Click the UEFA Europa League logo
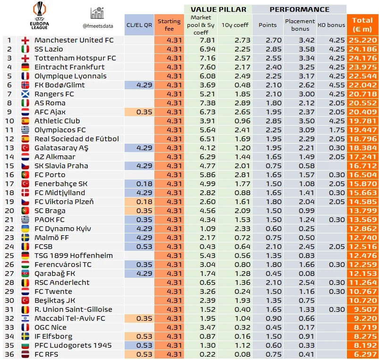point(40,16)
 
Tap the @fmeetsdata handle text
point(98,26)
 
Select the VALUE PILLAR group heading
point(219,9)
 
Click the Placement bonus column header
point(300,25)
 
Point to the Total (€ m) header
point(362,25)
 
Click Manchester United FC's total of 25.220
point(363,40)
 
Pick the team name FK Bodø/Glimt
point(59,85)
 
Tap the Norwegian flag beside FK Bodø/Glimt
point(25,85)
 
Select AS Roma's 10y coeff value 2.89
point(242,103)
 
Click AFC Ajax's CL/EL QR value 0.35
point(144,112)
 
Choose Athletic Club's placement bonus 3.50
point(307,121)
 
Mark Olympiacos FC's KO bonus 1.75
point(337,130)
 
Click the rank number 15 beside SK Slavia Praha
point(9,166)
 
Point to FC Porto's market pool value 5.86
point(207,175)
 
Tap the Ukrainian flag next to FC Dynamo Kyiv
point(25,229)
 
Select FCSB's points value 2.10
point(274,247)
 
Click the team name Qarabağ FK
point(55,274)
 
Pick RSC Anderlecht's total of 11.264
point(363,283)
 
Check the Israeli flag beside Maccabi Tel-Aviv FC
point(25,318)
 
